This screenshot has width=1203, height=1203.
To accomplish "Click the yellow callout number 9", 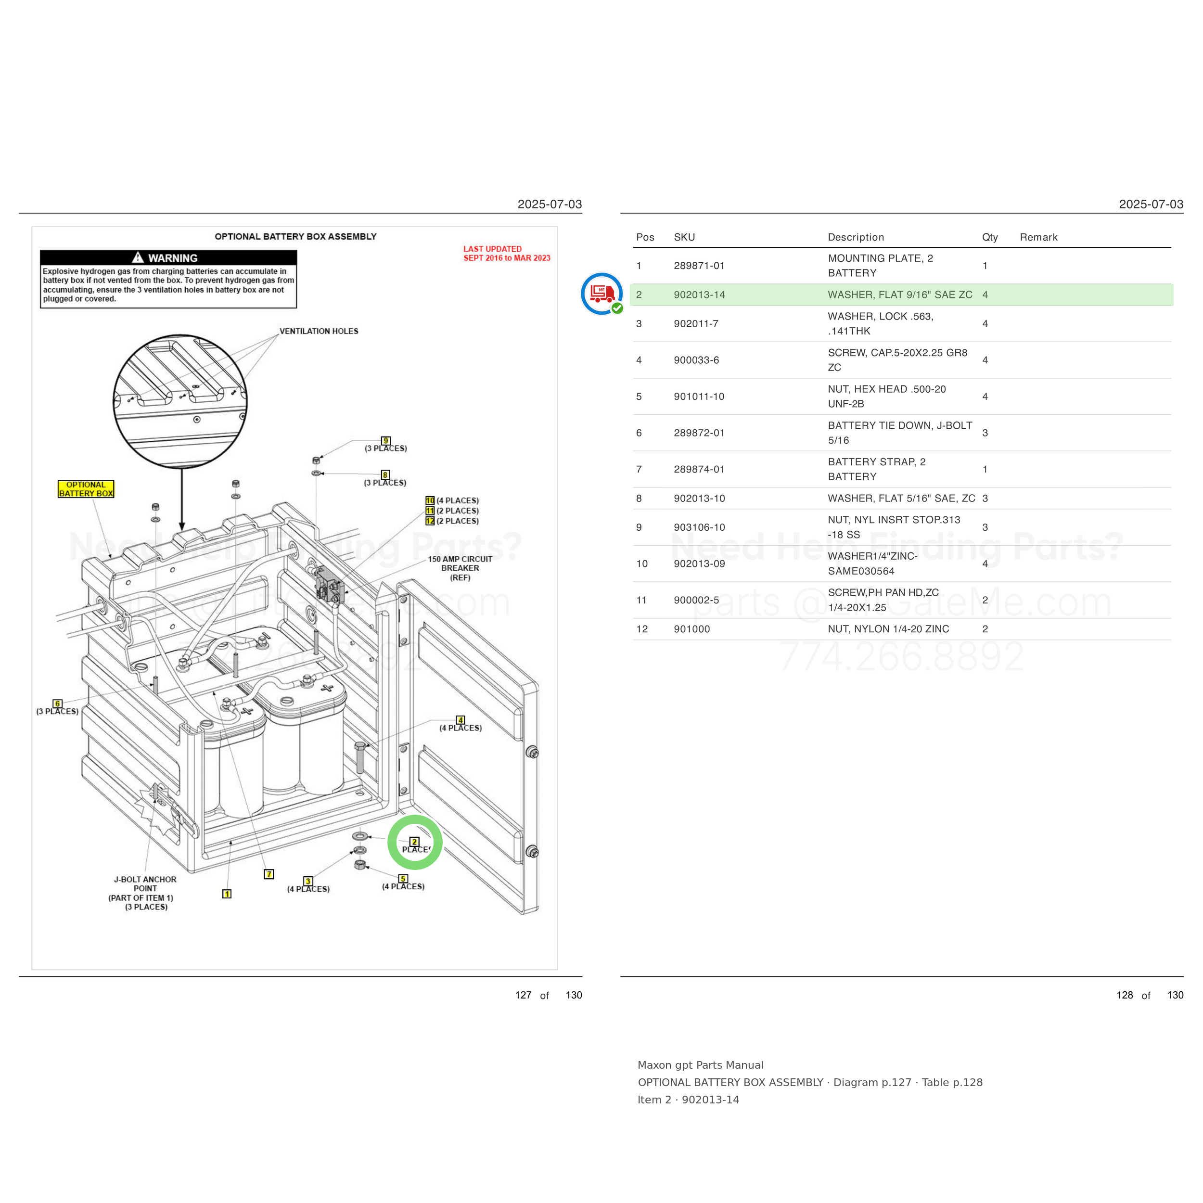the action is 386,441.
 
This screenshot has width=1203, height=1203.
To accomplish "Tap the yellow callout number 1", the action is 227,894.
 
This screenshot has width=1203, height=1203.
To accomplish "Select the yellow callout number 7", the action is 269,874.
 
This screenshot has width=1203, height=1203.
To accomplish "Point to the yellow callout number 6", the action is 58,704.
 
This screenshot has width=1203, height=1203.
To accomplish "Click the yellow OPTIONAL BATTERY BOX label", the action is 86,489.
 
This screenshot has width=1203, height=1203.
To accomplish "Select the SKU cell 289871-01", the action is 699,266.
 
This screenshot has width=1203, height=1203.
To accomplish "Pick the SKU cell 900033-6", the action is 696,360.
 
